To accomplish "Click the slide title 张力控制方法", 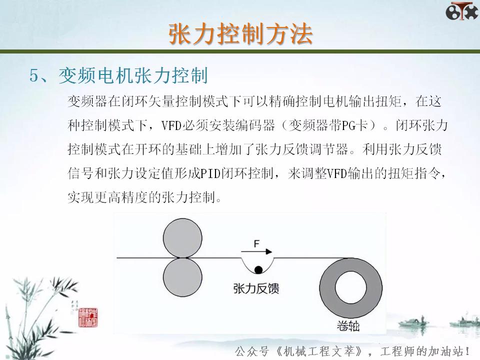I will pos(240,34).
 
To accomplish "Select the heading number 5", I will pos(34,76).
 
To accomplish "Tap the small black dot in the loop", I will pos(258,270).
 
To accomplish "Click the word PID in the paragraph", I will pos(210,173).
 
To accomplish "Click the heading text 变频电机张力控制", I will pos(133,76).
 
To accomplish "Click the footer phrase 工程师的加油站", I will pos(422,350).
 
